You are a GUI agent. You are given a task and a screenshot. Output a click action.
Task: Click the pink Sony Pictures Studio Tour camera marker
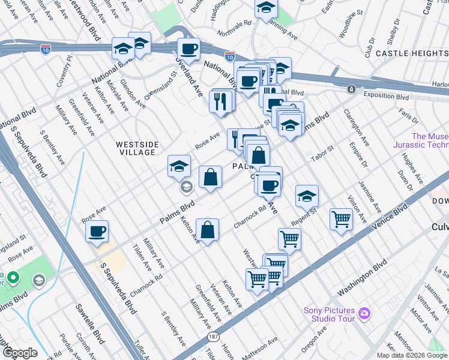click(363, 313)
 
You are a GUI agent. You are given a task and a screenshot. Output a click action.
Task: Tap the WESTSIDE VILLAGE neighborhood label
click(137, 148)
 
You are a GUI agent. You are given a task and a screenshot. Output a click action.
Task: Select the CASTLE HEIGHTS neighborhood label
click(412, 53)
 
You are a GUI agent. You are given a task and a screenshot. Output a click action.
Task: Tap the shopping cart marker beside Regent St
click(341, 219)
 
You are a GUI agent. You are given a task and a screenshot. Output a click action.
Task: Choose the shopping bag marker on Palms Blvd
click(210, 178)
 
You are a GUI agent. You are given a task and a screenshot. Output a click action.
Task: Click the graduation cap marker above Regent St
click(307, 196)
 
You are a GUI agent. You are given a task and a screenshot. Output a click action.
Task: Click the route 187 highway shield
click(214, 338)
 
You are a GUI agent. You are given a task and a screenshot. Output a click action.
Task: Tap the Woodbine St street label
click(351, 25)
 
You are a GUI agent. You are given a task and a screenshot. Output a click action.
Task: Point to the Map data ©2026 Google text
click(412, 355)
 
